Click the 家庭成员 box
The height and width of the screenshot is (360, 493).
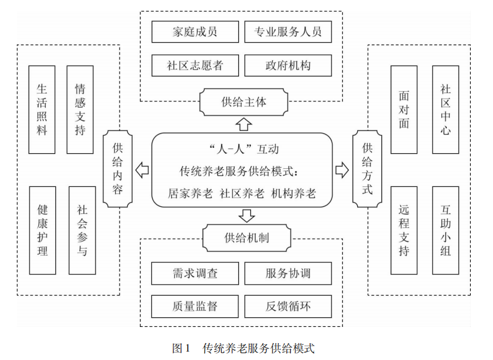[x=195, y=32]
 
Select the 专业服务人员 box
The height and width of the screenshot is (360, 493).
[x=288, y=32]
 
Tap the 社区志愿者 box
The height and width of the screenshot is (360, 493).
[x=195, y=65]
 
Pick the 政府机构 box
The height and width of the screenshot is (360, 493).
[x=288, y=65]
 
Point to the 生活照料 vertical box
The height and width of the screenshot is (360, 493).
[x=42, y=109]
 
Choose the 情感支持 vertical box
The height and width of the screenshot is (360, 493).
[x=80, y=109]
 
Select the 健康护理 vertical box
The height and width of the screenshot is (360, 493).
[x=42, y=230]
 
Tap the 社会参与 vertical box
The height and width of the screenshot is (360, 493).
[x=82, y=230]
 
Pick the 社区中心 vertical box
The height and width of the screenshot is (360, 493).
[x=445, y=109]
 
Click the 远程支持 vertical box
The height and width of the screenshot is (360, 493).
[x=404, y=230]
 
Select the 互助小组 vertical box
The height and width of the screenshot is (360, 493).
[x=445, y=230]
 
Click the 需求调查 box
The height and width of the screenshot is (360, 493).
[x=195, y=273]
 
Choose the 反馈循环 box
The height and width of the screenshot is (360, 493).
[x=288, y=306]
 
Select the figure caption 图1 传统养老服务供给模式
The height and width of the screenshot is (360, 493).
[x=243, y=347]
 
